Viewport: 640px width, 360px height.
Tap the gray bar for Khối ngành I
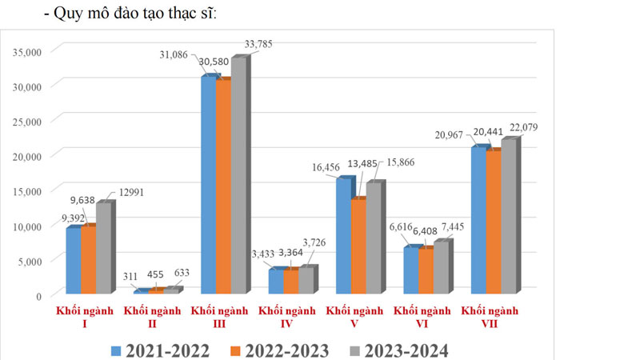(x=102, y=247)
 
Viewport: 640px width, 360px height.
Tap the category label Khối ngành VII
(x=491, y=318)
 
